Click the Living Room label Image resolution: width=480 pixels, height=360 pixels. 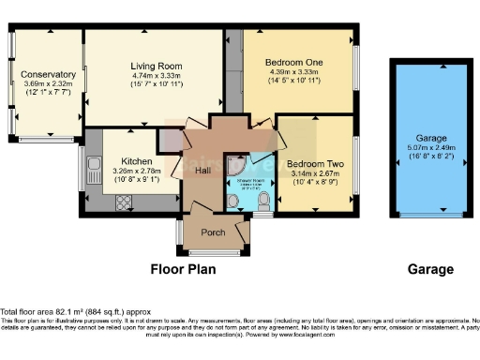[x=157, y=66]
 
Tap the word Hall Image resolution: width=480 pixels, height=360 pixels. [x=203, y=171]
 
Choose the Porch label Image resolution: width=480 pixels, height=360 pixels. [x=214, y=231]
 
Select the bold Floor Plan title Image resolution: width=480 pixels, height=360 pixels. [x=184, y=269]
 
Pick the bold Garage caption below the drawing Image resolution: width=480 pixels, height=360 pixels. [x=430, y=269]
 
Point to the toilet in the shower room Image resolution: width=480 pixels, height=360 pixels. [x=263, y=200]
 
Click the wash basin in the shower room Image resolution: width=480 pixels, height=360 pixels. [x=232, y=200]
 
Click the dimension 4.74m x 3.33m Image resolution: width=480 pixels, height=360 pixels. [x=157, y=76]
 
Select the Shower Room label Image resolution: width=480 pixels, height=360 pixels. [x=249, y=181]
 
